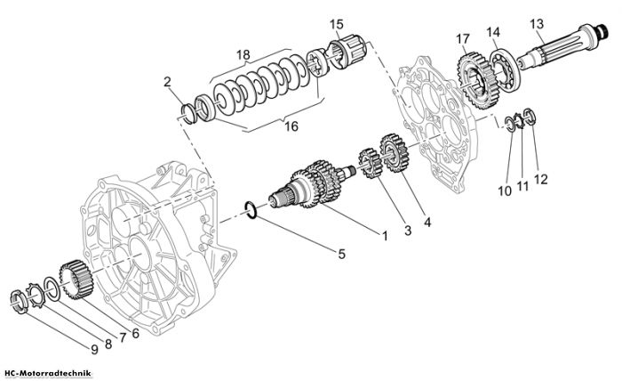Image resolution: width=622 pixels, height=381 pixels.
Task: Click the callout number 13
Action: [x=537, y=24]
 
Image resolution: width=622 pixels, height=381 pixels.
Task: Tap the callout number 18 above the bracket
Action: [x=243, y=55]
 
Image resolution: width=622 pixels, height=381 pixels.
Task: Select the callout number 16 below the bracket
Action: [x=291, y=126]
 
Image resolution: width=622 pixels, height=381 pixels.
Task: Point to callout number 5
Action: [x=341, y=254]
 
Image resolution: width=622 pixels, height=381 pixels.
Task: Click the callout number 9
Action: [x=94, y=349]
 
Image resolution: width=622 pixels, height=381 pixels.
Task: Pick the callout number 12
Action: [x=540, y=179]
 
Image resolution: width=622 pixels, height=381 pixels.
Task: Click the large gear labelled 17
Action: [x=477, y=81]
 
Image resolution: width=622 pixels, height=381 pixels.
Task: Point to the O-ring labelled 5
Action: [x=251, y=210]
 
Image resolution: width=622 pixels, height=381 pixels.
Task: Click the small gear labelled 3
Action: [x=371, y=163]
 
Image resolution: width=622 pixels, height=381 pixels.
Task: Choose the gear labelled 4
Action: [x=394, y=153]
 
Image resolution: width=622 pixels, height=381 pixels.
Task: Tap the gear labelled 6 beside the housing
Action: [x=76, y=280]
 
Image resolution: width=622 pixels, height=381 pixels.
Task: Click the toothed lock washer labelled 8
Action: [x=35, y=296]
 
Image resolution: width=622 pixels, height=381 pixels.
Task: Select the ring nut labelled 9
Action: [x=19, y=302]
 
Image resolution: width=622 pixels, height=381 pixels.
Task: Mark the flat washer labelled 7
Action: [x=52, y=288]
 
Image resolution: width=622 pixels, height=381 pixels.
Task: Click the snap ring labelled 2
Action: [x=188, y=114]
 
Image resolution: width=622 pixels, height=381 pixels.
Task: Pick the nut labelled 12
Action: [x=530, y=117]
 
